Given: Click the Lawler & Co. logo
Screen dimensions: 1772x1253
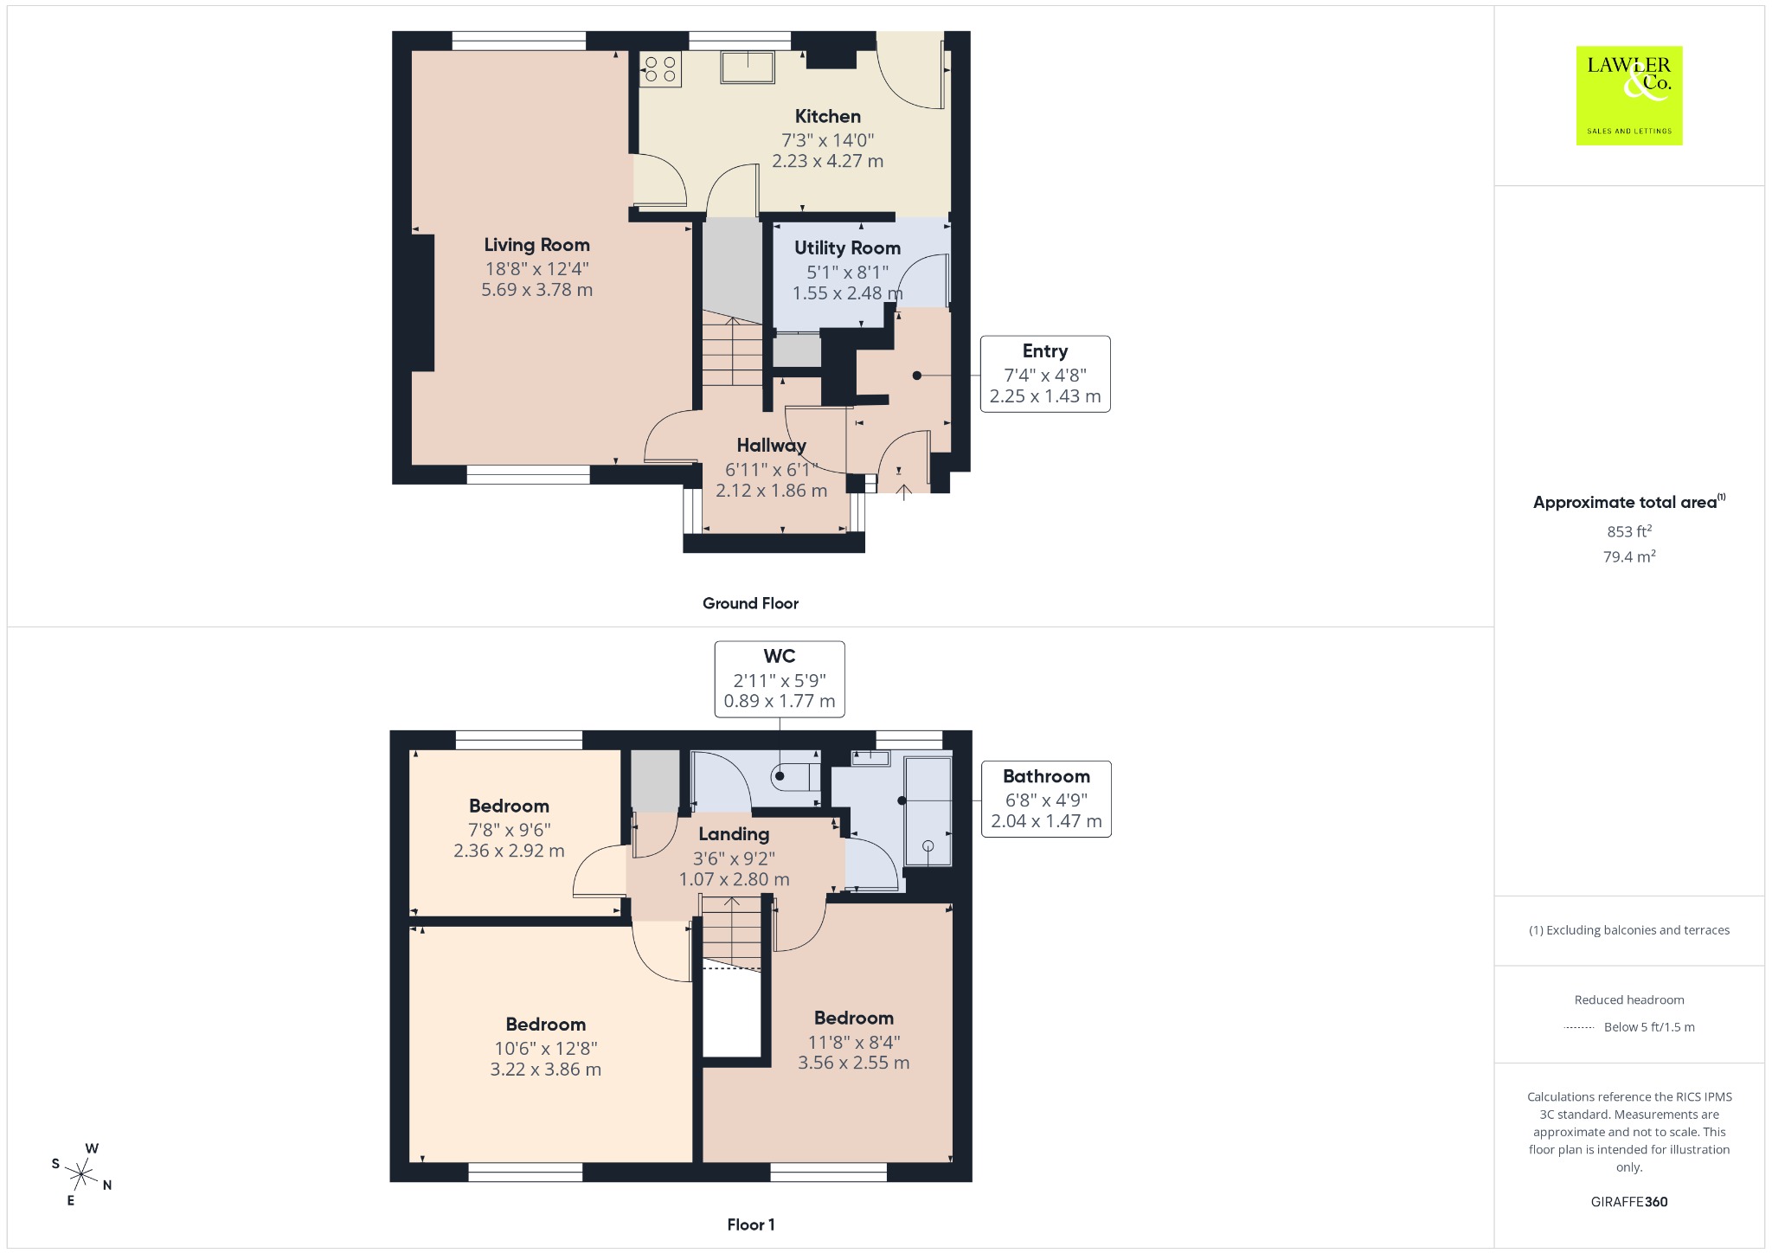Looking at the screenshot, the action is click(x=1628, y=95).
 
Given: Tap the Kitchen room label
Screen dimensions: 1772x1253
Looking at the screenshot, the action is click(x=828, y=117).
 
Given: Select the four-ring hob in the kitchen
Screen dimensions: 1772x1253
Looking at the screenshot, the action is click(x=661, y=69).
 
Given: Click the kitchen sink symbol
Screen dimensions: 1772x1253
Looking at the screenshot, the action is click(x=748, y=67).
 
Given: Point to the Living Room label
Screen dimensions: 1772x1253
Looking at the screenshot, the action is click(x=536, y=245).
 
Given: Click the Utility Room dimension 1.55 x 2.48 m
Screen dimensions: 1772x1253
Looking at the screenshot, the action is click(x=848, y=293).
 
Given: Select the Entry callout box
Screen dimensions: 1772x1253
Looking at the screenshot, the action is click(x=1045, y=374).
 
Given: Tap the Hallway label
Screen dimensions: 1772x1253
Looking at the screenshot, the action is click(x=771, y=446).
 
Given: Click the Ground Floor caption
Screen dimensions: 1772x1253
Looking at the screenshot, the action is click(x=750, y=603).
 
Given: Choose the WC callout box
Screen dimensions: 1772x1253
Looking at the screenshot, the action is click(x=780, y=679).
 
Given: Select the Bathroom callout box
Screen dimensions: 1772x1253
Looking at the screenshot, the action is click(x=1046, y=799).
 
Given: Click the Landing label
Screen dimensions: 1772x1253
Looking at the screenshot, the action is click(x=734, y=834).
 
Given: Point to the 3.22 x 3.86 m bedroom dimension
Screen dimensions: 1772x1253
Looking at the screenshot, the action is click(x=546, y=1070).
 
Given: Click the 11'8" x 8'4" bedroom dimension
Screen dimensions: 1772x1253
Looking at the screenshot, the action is click(x=854, y=1042).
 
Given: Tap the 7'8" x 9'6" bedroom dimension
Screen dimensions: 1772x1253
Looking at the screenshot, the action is click(x=510, y=830).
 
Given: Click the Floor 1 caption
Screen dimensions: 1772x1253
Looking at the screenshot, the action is click(x=751, y=1224).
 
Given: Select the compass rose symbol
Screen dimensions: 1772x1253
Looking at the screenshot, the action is click(x=82, y=1174).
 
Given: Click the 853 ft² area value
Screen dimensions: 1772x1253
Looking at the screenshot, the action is click(x=1629, y=531).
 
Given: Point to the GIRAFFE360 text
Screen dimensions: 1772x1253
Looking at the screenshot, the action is click(x=1629, y=1202).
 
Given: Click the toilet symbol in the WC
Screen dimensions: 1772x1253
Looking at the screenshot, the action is click(x=793, y=776).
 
